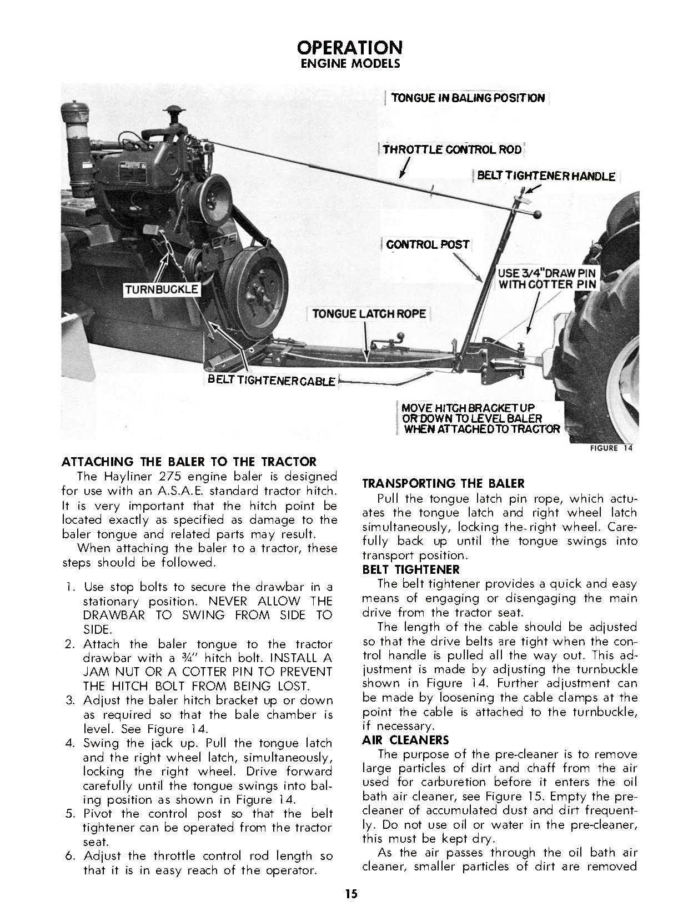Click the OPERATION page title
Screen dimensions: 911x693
click(x=349, y=47)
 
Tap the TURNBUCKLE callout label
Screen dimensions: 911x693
click(x=162, y=289)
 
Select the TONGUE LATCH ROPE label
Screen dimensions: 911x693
click(x=369, y=313)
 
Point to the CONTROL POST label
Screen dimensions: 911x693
click(x=428, y=244)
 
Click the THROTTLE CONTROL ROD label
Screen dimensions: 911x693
click(x=453, y=149)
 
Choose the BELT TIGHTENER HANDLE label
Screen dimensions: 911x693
click(x=546, y=177)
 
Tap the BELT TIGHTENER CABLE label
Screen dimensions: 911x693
click(x=272, y=381)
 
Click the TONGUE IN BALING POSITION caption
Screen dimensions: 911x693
click(x=468, y=98)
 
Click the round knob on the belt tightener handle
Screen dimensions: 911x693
click(x=538, y=215)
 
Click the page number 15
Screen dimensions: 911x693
click(x=350, y=894)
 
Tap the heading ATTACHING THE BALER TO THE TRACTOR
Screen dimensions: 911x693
click(x=189, y=462)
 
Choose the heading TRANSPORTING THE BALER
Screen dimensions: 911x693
click(x=443, y=484)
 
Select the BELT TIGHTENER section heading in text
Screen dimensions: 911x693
click(x=411, y=569)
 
